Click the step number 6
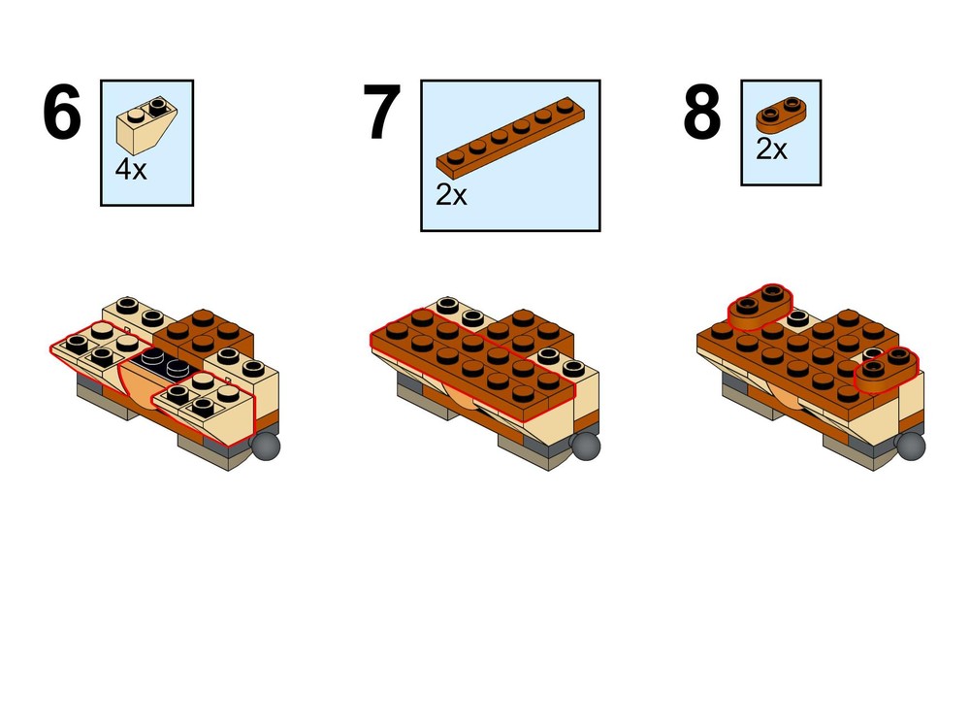pos(60,115)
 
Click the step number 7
pos(381,115)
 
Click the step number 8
pos(701,115)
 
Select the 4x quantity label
pos(131,169)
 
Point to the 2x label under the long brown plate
pos(451,195)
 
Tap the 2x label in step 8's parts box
pos(771,149)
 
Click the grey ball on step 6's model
pos(266,446)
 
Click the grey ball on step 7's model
pos(585,446)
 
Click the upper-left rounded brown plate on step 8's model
pos(760,306)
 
